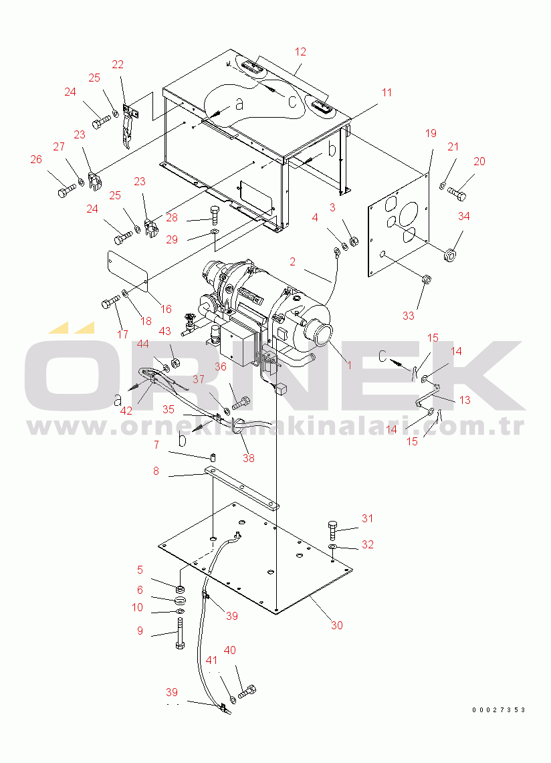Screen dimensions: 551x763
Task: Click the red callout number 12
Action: tap(300, 51)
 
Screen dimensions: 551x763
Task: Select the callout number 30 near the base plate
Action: tap(337, 625)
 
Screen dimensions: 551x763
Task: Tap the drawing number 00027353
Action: tap(498, 710)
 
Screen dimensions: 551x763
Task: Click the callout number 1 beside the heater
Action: tap(349, 365)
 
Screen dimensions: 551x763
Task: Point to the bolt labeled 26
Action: tap(67, 191)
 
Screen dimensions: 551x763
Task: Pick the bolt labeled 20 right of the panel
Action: tap(457, 193)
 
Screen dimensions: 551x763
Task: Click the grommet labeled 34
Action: tap(450, 255)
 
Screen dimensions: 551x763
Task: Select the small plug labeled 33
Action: tap(426, 280)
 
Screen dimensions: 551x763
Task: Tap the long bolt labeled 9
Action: tap(179, 633)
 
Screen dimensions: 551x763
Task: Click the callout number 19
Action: tap(431, 133)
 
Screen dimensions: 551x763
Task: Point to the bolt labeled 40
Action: tap(247, 691)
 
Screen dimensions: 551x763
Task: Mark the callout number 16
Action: tap(166, 309)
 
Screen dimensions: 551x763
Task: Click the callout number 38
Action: tap(248, 458)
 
